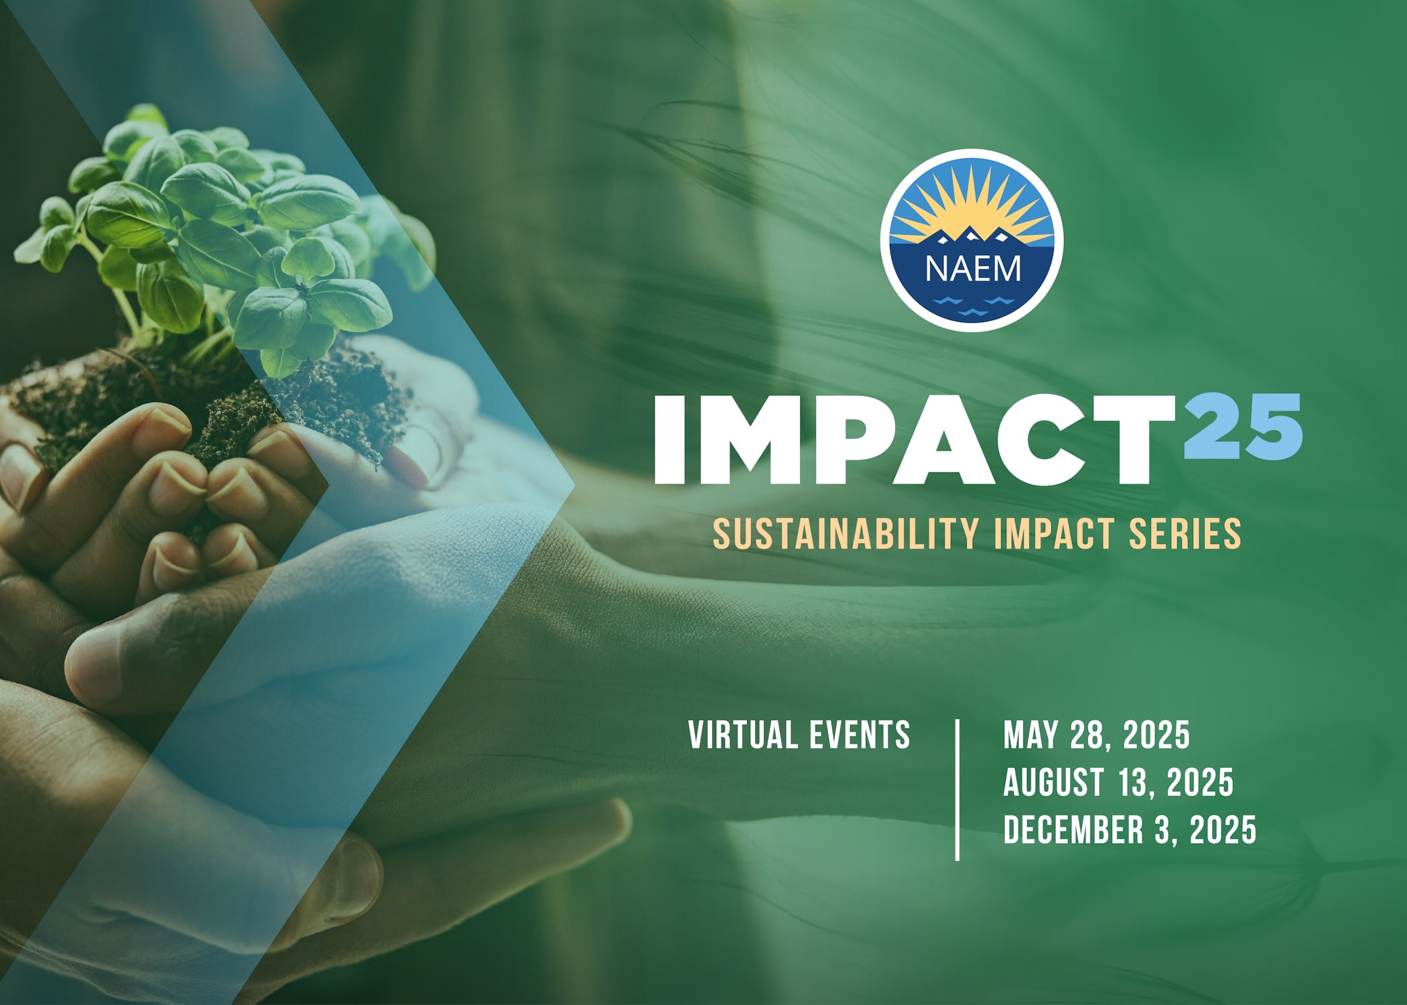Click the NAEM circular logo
pos(972,240)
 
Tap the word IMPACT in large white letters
pos(914,439)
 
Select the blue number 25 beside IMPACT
pos(1243,426)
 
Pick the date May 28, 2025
pos(1096,735)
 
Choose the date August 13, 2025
pos(1118,782)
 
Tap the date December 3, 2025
pos(1130,829)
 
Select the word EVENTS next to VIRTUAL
pos(860,735)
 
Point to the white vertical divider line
pos(957,789)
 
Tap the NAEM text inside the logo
pos(973,269)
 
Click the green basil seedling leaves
pos(221,234)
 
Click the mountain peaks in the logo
pos(972,236)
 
